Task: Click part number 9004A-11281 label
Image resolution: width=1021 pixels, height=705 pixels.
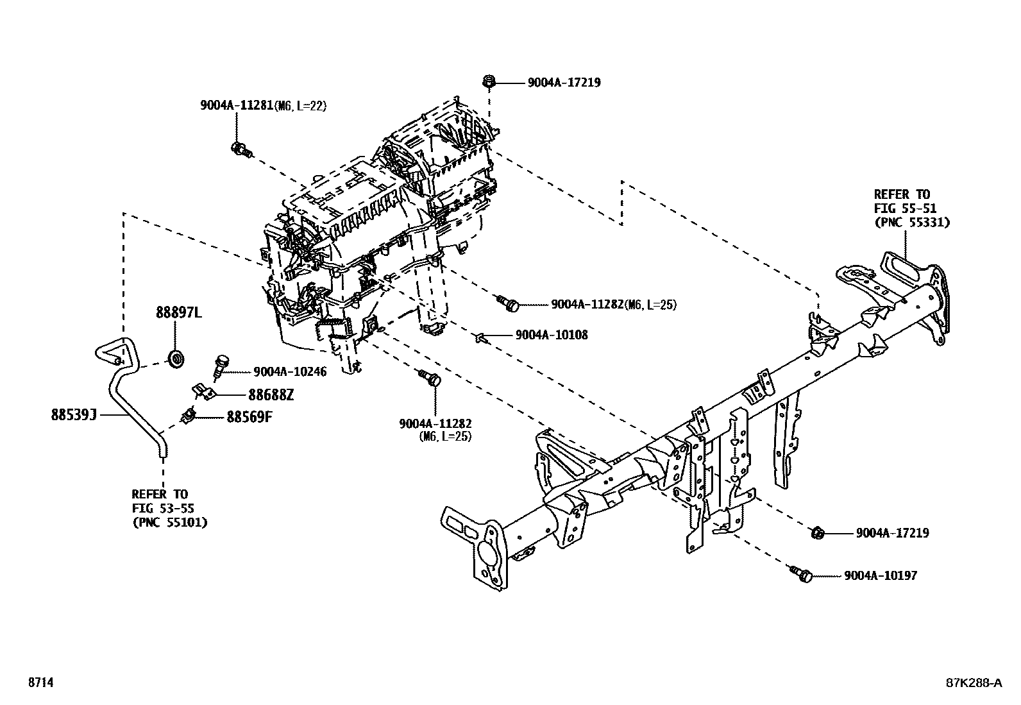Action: pos(237,106)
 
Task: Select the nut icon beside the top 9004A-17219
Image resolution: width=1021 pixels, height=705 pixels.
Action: pos(489,81)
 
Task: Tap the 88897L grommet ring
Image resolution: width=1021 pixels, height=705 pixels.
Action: pos(176,359)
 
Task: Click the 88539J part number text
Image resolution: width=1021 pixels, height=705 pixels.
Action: pos(74,415)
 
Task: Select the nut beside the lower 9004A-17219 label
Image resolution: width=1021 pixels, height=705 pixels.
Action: pos(817,532)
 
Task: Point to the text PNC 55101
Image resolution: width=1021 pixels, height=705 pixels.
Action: pos(169,522)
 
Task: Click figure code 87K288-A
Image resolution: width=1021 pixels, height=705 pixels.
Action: pos(973,683)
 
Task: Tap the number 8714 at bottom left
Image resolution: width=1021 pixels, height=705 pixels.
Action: pos(40,683)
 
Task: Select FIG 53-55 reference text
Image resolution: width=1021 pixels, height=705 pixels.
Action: pos(163,508)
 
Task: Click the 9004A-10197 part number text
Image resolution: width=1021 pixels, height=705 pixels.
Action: pos(881,575)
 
